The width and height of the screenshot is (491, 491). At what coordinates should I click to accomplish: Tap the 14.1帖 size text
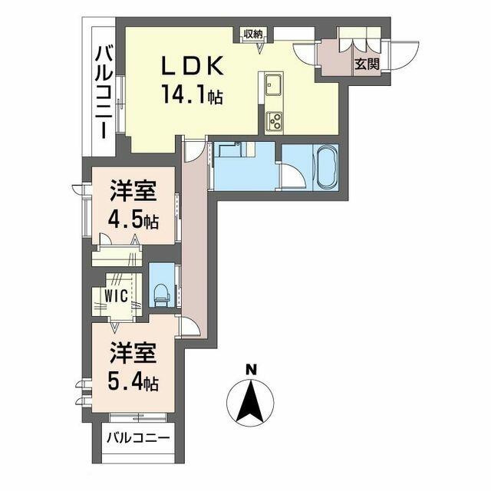point(191,95)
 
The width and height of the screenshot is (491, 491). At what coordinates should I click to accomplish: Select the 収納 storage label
point(253,33)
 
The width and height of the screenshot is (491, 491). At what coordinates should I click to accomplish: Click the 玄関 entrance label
point(367,64)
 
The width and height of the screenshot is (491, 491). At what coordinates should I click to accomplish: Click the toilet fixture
point(161,292)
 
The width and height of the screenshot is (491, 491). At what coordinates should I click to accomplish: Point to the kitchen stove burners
point(275,120)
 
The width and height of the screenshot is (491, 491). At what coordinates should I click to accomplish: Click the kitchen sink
point(274,83)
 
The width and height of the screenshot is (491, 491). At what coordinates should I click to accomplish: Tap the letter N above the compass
point(250,371)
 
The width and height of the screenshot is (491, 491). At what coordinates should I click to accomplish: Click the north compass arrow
point(250,402)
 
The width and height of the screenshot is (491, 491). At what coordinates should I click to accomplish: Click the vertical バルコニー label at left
point(103,92)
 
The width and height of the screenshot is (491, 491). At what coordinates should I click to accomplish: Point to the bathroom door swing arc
point(292,176)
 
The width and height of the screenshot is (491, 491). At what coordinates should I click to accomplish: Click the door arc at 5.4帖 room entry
point(190,327)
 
